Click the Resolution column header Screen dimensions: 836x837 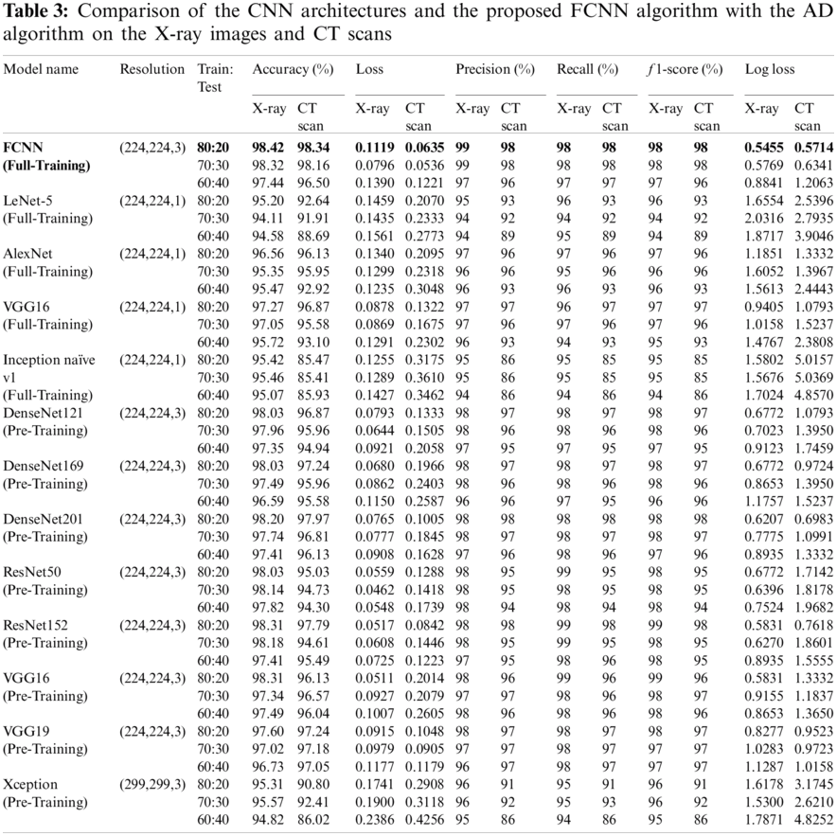(151, 69)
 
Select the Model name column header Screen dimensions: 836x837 (41, 69)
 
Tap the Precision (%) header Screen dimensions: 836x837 (494, 69)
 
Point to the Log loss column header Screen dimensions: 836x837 (770, 69)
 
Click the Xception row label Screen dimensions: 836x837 (30, 784)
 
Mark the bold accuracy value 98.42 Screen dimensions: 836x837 (269, 147)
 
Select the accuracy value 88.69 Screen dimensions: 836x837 (314, 235)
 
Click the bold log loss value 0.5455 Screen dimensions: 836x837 (765, 147)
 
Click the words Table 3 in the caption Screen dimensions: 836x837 (27, 14)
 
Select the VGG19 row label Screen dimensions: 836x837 (27, 731)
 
